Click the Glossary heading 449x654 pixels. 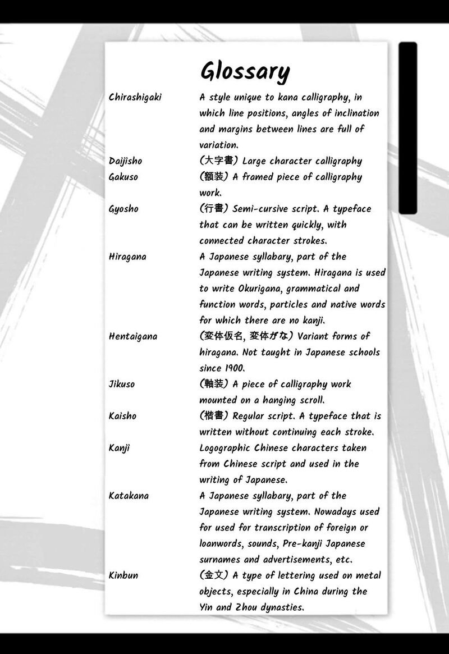pos(245,72)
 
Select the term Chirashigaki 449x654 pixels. pos(135,97)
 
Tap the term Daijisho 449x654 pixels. pos(125,161)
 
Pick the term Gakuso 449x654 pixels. pos(123,177)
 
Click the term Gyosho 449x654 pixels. pos(123,209)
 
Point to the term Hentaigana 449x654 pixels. pos(133,336)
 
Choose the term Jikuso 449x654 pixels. pos(122,385)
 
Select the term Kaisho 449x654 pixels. pos(122,416)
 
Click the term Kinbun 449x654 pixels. pos(123,575)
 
